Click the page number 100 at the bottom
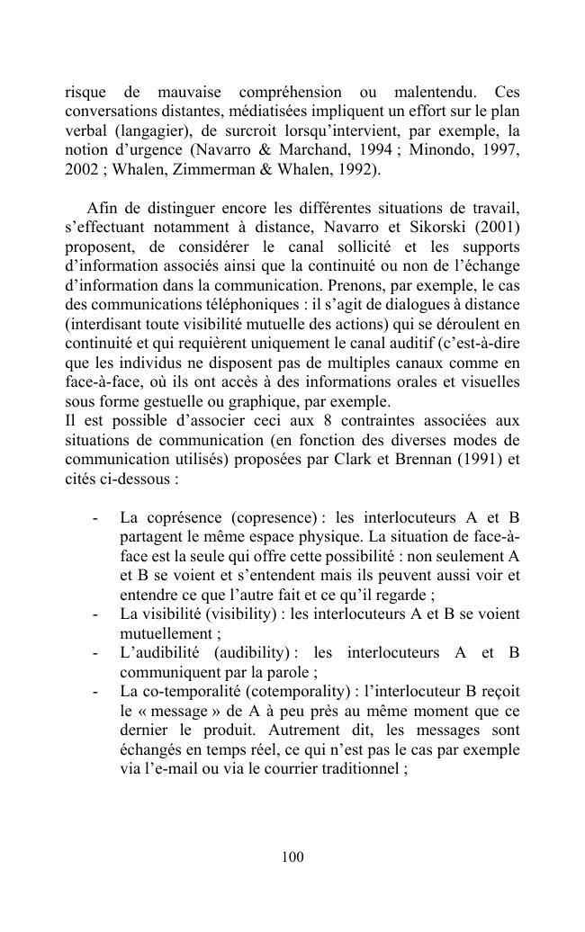point(292,857)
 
